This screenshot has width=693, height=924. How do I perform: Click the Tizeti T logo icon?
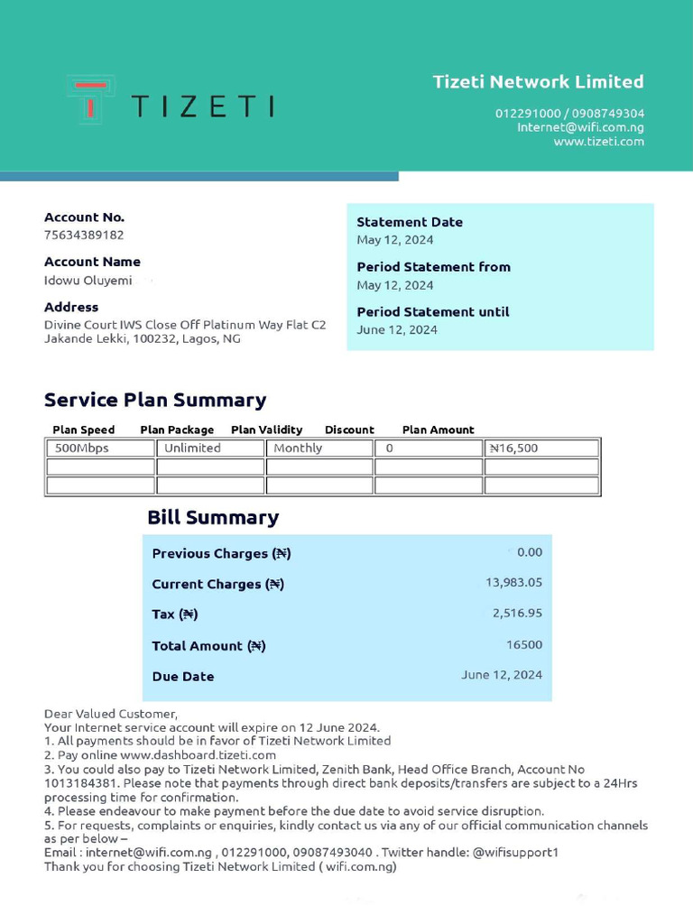tap(90, 98)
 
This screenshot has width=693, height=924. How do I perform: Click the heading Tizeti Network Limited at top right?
tap(538, 82)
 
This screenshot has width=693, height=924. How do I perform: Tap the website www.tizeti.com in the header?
tap(598, 141)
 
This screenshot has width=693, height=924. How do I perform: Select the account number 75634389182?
tap(84, 235)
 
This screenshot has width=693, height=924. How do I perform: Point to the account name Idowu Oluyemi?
tap(88, 280)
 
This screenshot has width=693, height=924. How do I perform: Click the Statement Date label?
tap(409, 222)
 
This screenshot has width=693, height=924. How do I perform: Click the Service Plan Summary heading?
tap(155, 400)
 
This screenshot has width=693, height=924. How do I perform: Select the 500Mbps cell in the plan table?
tap(82, 448)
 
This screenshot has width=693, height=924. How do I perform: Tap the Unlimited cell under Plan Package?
tap(192, 448)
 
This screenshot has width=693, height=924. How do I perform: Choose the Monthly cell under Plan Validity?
tap(298, 448)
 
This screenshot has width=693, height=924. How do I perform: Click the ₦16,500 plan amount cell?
tap(513, 448)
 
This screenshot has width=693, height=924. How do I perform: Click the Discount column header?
tap(349, 430)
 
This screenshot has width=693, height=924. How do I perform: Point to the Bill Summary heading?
tap(213, 517)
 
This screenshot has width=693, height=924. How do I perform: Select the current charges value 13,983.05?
tap(513, 583)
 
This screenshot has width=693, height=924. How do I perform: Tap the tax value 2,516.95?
tap(517, 614)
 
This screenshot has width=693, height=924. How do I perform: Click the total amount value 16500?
tap(523, 645)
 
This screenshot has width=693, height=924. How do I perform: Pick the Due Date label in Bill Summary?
tap(183, 677)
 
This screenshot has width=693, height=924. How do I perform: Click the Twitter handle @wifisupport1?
tap(515, 853)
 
